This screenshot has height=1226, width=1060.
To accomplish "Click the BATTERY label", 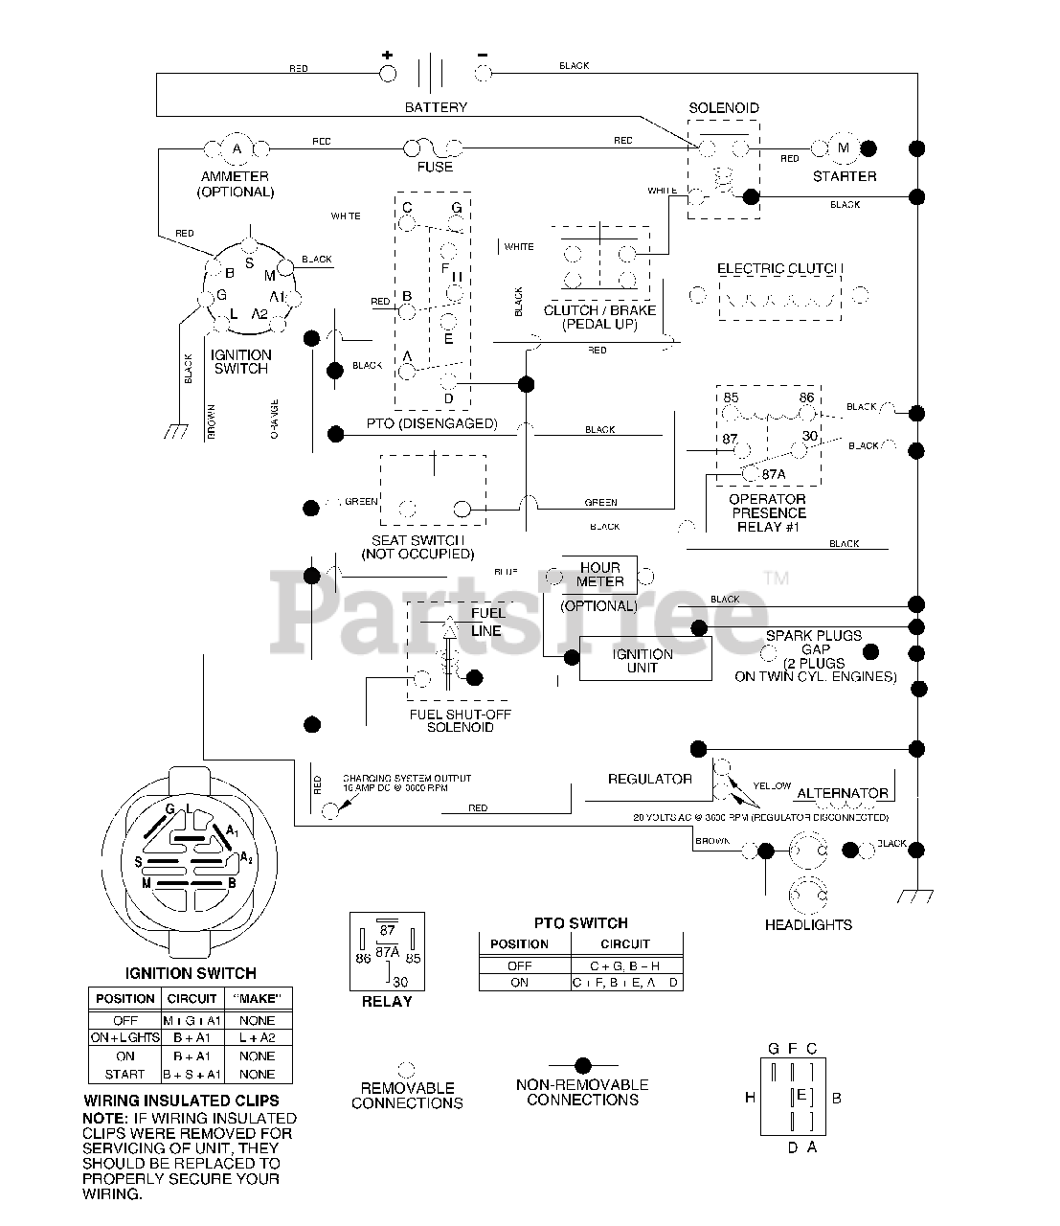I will coord(436,107).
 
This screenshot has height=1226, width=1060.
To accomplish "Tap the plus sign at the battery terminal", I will coord(388,55).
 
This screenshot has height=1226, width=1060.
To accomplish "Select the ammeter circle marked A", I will coord(237,148).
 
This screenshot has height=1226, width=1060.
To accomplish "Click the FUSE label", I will coord(435,167).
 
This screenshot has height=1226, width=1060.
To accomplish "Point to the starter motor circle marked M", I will coord(844,148).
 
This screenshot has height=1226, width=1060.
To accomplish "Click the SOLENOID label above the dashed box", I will coord(724,108).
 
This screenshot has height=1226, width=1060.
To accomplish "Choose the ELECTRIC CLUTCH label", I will coord(781,269).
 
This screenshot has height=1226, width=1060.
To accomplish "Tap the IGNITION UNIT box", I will coord(643,660).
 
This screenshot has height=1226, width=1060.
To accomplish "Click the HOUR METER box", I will coord(600,575).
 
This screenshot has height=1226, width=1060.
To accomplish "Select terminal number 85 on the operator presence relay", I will coord(732,397).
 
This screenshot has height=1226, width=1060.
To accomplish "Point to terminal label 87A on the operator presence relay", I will coord(772,474).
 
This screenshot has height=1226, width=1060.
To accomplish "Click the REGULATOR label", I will coord(650,779).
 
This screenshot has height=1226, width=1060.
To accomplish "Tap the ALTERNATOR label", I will coord(843,793).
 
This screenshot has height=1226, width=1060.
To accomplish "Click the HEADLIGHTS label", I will coord(808,924).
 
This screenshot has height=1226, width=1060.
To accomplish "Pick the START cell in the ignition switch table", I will coord(124,1074).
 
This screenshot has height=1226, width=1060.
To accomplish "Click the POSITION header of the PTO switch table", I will coord(519,943).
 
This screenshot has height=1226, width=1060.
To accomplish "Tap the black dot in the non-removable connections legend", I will coord(582,1065).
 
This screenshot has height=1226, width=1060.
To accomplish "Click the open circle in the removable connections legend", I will coord(406,1068).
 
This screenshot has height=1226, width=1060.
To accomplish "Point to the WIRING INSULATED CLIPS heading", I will coord(182,1101).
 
